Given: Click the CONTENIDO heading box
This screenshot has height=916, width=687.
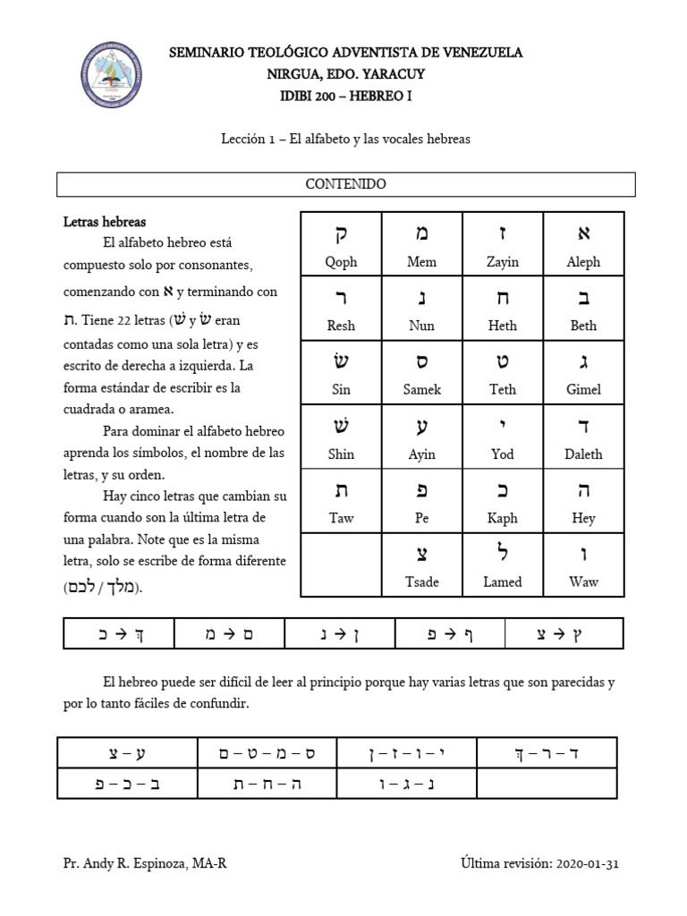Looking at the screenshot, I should tap(345, 184).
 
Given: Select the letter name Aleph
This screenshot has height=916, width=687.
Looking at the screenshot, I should tap(583, 262).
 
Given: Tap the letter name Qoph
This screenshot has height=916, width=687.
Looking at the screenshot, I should tap(341, 262).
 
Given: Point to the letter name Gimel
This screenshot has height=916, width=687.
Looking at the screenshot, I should tap(583, 390).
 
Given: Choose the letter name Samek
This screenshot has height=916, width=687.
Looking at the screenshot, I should tap(422, 390).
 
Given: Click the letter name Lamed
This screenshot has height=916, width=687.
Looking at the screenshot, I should tap(503, 581).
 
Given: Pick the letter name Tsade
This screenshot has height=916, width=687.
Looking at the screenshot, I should tap(422, 581).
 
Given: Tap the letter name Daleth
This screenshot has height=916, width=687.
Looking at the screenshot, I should tap(583, 454).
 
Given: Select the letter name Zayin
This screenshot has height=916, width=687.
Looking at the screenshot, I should tap(503, 262).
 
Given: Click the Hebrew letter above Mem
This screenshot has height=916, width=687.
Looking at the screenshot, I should tap(422, 233).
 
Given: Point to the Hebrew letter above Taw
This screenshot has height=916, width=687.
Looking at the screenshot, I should tap(341, 490).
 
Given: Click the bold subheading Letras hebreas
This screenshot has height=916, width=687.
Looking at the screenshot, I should tap(105, 221).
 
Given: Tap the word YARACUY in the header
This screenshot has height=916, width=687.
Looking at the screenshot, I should tap(386, 74).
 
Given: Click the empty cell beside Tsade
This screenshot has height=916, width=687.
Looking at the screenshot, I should tap(341, 564).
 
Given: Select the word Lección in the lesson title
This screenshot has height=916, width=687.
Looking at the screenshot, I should tap(243, 140).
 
